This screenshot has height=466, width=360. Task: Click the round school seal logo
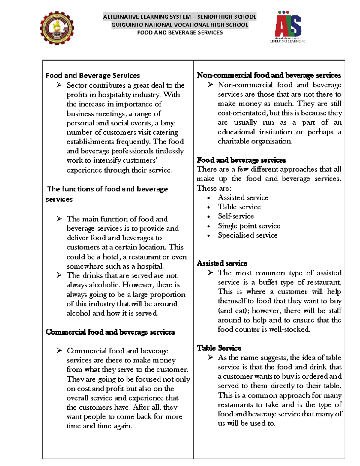[57, 28]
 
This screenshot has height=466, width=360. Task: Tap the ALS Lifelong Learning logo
[288, 27]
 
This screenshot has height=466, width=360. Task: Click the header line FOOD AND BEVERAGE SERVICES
[180, 32]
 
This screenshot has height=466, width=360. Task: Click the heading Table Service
[219, 348]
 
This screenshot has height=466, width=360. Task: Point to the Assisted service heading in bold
[222, 263]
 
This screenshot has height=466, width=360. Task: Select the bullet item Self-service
[236, 216]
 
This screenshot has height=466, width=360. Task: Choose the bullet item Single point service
[249, 226]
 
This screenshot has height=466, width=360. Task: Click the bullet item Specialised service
[247, 235]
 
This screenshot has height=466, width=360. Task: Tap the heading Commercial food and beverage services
[110, 332]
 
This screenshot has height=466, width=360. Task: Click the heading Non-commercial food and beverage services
[268, 75]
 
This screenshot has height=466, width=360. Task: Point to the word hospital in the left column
[150, 266]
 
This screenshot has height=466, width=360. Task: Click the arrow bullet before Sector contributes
[59, 85]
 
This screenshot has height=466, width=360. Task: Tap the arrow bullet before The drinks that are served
[59, 275]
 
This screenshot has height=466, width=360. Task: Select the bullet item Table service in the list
[239, 207]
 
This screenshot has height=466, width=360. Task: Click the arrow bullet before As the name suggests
[210, 357]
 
